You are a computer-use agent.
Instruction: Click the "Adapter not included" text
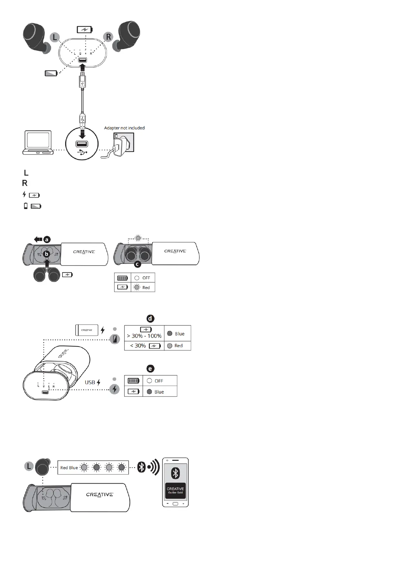tap(124, 128)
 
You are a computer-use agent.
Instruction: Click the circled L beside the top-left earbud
tap(55, 37)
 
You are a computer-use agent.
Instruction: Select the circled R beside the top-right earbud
tap(108, 36)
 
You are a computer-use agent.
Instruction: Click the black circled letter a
tap(47, 239)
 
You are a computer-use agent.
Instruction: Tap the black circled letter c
tap(137, 264)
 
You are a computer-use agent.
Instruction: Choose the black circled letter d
tap(151, 318)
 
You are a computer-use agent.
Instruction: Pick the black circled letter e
tap(150, 369)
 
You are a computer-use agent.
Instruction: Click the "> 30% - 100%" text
tap(144, 336)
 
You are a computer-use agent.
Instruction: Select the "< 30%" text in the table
tap(138, 346)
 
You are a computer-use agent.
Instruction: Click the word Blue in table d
tap(179, 334)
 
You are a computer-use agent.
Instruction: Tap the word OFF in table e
tap(159, 381)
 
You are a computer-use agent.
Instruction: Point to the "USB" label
tap(90, 382)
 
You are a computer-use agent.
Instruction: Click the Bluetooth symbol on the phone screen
tap(175, 473)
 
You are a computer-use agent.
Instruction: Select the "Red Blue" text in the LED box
tap(69, 468)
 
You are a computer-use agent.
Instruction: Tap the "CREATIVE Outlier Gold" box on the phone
tap(175, 490)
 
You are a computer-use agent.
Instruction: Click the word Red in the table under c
tap(146, 288)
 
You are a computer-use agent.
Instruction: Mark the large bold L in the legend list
tap(26, 173)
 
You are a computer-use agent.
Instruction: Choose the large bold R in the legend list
tap(25, 183)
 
